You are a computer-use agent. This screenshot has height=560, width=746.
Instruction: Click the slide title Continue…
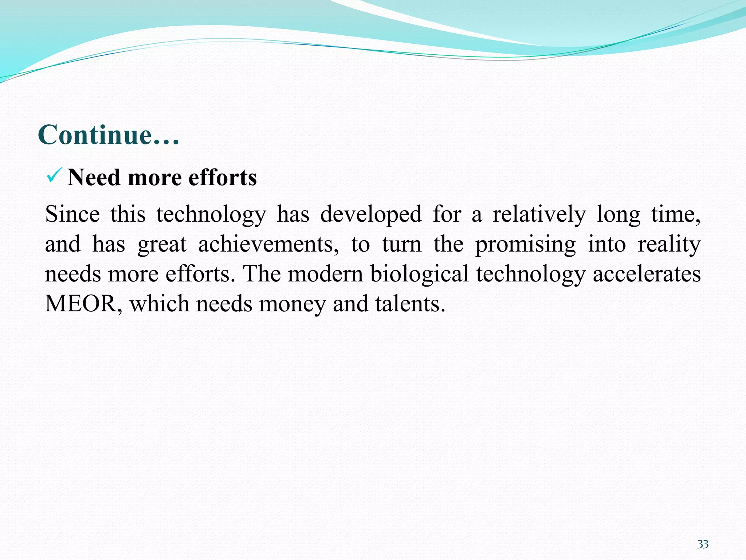tap(109, 135)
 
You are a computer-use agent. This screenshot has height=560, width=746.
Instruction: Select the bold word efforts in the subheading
tap(223, 178)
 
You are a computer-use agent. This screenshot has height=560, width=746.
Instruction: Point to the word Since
tap(72, 214)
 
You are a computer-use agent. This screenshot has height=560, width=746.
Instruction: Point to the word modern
tap(326, 274)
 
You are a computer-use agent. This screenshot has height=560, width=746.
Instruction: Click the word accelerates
tap(647, 274)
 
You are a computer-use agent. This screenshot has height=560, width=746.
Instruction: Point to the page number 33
tap(703, 544)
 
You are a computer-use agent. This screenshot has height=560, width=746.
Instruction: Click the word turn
tap(401, 244)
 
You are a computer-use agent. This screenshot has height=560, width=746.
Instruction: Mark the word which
tap(159, 304)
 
